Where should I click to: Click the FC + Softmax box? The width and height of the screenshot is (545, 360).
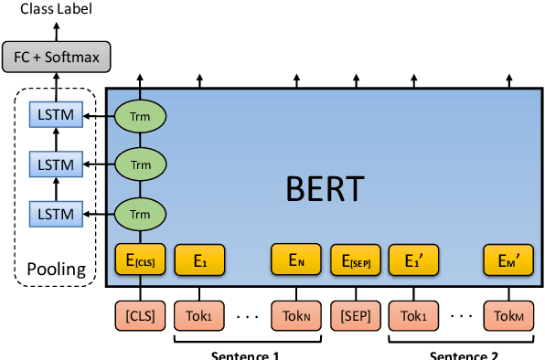click(58, 58)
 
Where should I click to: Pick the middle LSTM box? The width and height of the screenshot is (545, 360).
click(57, 164)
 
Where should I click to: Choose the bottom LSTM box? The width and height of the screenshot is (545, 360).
click(57, 214)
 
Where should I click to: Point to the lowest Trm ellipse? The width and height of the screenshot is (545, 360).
click(140, 214)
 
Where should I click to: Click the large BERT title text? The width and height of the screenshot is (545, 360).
click(325, 190)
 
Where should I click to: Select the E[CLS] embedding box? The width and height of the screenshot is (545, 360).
click(140, 260)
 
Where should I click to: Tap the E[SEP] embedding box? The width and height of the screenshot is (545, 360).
click(355, 260)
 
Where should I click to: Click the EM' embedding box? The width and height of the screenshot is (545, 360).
click(509, 260)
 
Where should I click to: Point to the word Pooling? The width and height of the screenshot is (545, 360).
click(57, 270)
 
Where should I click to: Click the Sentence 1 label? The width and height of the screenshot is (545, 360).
click(247, 354)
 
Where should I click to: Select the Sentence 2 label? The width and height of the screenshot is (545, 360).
click(461, 354)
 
